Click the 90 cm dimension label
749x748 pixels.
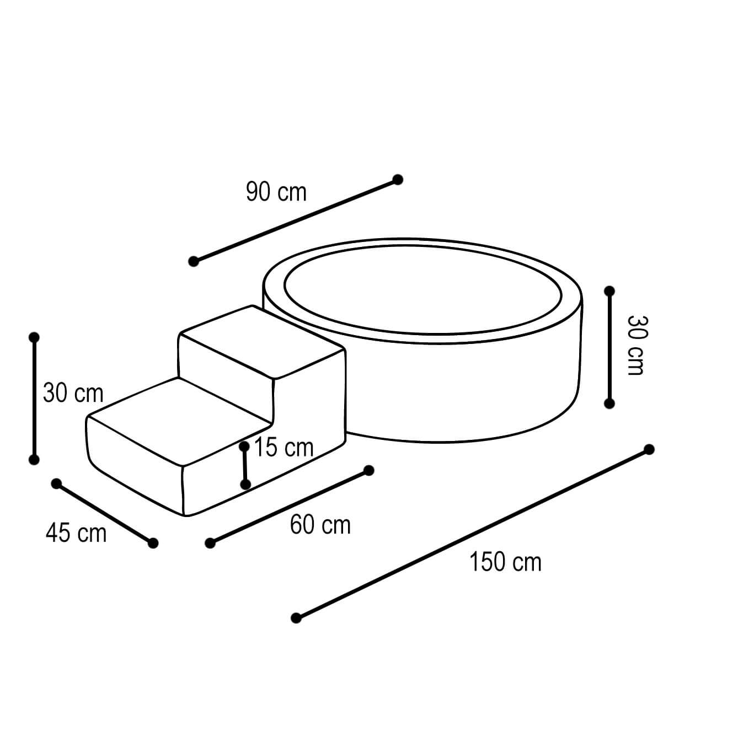(276, 192)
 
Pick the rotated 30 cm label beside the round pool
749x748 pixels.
(636, 345)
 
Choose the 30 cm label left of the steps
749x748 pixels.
(73, 393)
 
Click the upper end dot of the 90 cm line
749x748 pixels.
(398, 180)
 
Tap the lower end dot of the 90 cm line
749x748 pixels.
(194, 261)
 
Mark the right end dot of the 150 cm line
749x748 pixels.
(649, 450)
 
